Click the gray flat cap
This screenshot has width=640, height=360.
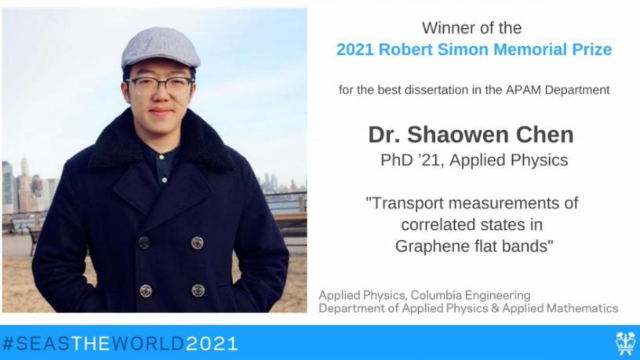(x=161, y=48)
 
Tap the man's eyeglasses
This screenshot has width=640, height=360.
(x=159, y=86)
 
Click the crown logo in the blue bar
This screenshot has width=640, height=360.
(x=625, y=343)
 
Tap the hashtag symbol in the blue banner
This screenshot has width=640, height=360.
(x=8, y=344)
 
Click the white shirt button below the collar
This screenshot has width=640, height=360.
(x=162, y=157)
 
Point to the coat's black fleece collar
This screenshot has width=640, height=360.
(x=162, y=143)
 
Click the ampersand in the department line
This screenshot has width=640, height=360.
(x=495, y=308)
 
